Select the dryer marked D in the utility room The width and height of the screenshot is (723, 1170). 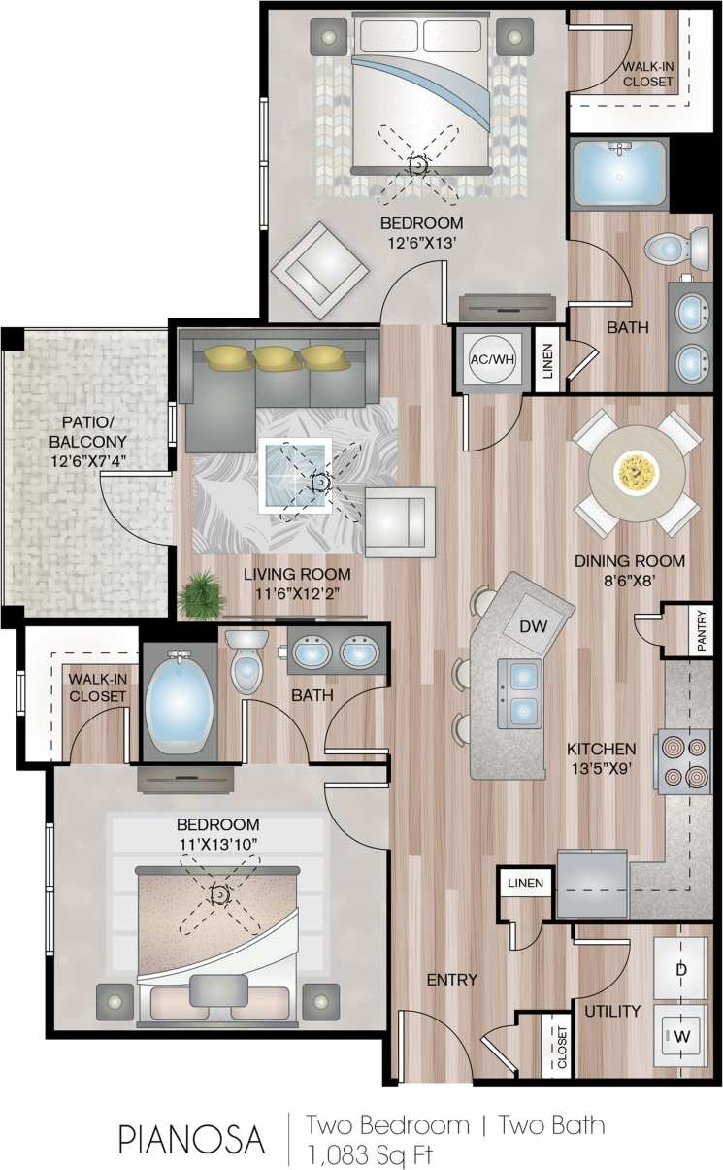pos(681,969)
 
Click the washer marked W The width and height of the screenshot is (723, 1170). pos(681,1037)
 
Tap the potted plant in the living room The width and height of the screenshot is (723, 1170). pos(202,593)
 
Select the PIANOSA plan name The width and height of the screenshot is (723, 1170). pos(192,1139)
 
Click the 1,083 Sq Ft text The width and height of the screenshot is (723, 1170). pos(369,1154)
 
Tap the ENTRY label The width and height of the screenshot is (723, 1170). pos(452,980)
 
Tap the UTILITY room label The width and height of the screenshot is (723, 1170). pos(611,1011)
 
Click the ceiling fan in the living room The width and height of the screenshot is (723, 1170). pos(317,481)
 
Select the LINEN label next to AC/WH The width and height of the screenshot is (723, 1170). pos(545,367)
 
